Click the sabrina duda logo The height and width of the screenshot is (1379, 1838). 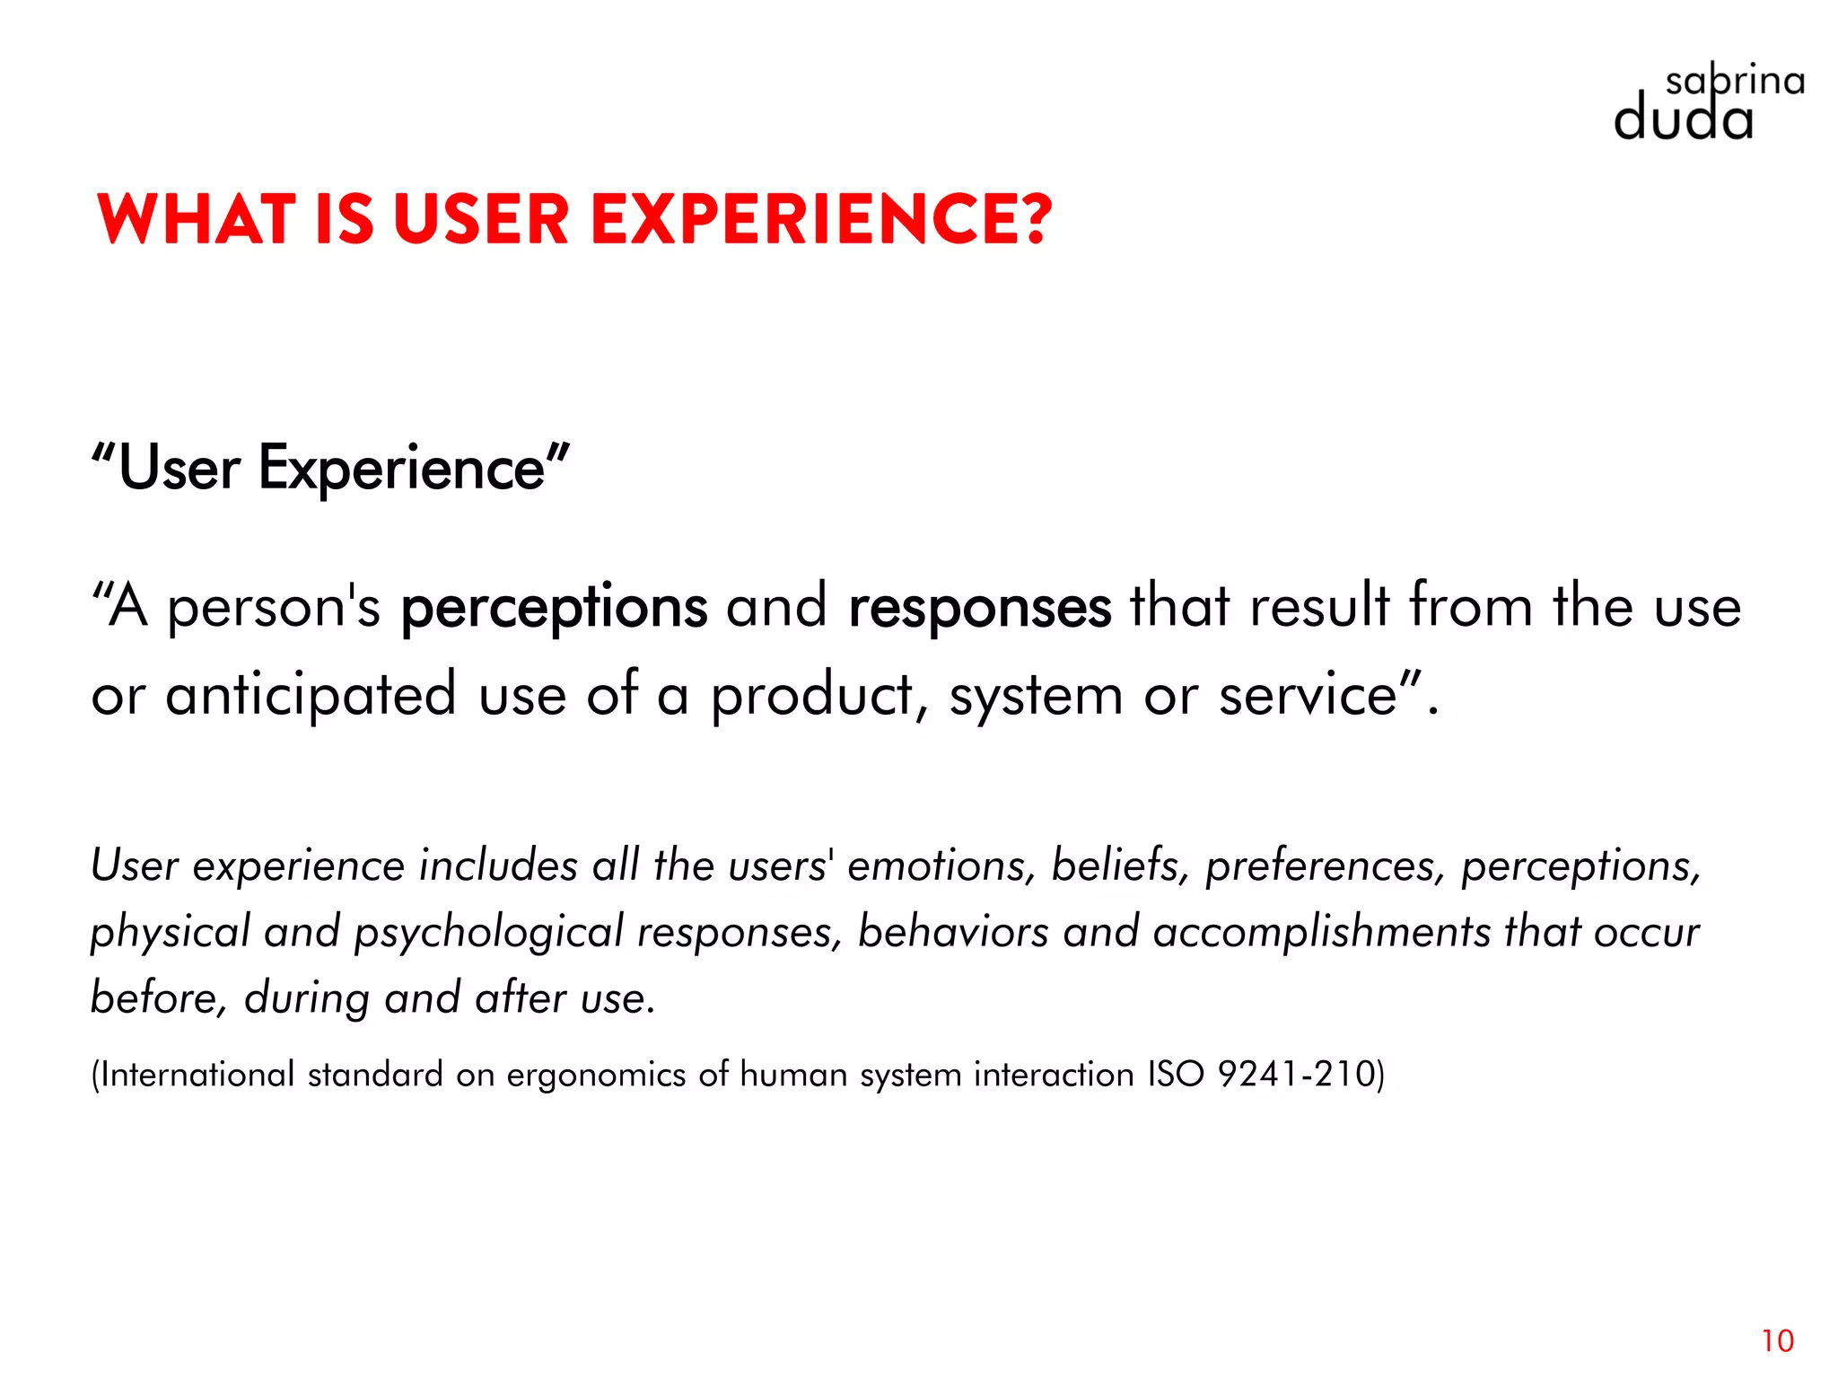[x=1705, y=105]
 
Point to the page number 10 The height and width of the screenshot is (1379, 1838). [x=1777, y=1340]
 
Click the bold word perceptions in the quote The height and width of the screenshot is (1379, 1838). [x=554, y=608]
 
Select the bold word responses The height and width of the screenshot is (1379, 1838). [x=979, y=608]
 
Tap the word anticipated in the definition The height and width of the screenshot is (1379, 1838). [x=311, y=695]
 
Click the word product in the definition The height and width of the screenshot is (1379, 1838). [x=812, y=695]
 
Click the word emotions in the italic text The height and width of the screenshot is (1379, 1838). [x=935, y=865]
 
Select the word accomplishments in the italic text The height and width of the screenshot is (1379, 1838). [x=1321, y=932]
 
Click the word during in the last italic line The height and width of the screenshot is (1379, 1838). [x=306, y=998]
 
